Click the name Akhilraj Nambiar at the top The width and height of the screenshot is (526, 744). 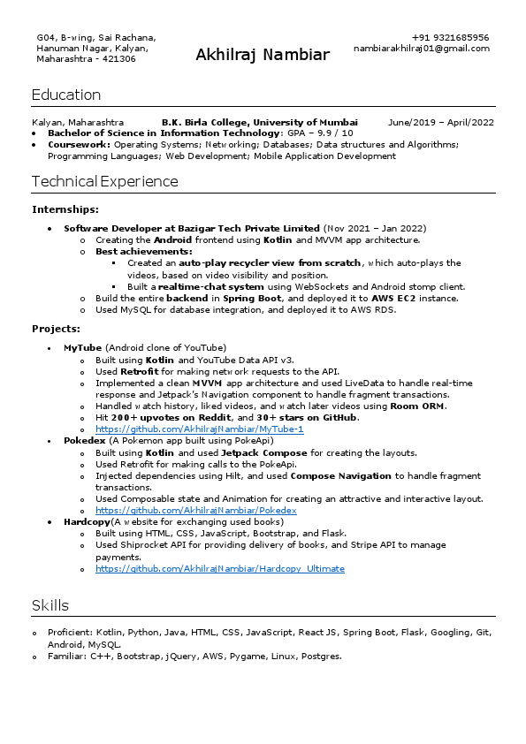(x=263, y=56)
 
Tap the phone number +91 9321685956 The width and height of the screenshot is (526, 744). (x=450, y=38)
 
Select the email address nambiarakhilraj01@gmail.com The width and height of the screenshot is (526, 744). (x=421, y=49)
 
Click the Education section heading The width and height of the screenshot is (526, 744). (x=66, y=95)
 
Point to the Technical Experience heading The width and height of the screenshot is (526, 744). (x=104, y=181)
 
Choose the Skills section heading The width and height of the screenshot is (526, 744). (x=50, y=605)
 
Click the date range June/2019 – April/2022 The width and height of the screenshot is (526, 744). (x=441, y=123)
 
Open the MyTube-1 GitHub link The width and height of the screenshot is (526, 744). (x=199, y=429)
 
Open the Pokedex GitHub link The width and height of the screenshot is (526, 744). (x=195, y=510)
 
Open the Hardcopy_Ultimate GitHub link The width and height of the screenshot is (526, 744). (x=219, y=568)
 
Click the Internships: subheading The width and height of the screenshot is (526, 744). (x=65, y=209)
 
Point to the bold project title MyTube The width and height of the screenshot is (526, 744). (x=82, y=347)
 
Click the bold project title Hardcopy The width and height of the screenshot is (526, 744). (x=87, y=522)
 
